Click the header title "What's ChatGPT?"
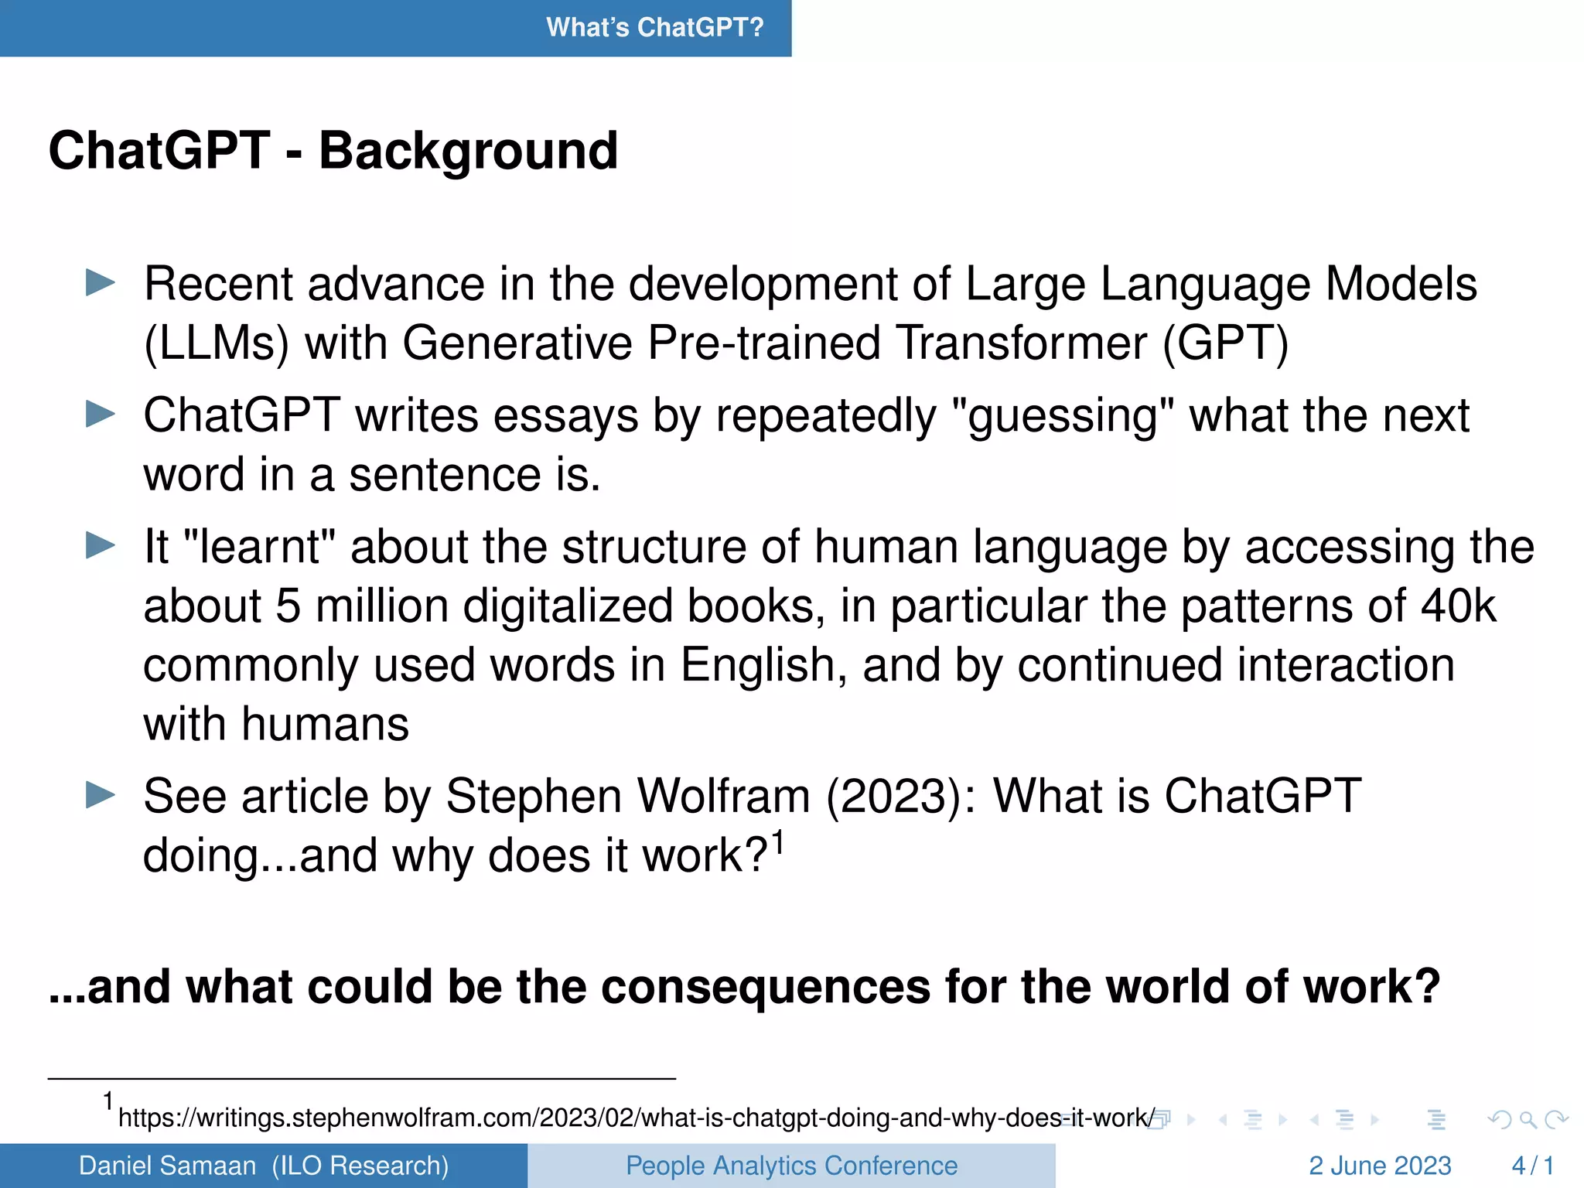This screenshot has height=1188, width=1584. tap(654, 28)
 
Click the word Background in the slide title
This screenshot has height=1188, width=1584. tap(468, 151)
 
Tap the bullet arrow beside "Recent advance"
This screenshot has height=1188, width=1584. tap(100, 282)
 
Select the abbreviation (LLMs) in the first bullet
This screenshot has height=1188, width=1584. tap(217, 343)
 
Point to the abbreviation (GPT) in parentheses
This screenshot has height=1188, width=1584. tap(1226, 343)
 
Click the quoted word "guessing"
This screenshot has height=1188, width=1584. tap(1063, 416)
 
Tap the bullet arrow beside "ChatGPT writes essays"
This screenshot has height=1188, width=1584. tap(100, 414)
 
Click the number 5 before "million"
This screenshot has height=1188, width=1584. tap(288, 606)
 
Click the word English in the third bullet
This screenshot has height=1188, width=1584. tap(763, 665)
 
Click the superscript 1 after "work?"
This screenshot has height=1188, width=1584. tap(778, 841)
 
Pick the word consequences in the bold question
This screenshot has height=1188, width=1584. tap(766, 987)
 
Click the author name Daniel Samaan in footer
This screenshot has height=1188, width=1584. tap(167, 1166)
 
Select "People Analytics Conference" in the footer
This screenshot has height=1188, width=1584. tap(791, 1166)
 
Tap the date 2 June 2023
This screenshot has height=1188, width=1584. tap(1380, 1166)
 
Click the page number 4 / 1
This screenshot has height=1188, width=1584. tap(1532, 1166)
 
